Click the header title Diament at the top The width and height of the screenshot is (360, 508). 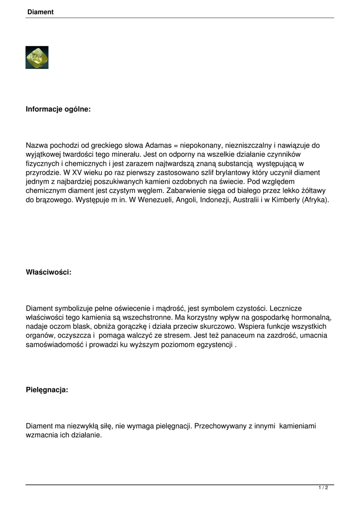pyautogui.click(x=40, y=12)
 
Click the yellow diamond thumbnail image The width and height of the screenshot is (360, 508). pyautogui.click(x=37, y=58)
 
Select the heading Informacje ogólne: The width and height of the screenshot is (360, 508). pyautogui.click(x=58, y=109)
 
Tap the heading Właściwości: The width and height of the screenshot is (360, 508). pyautogui.click(x=49, y=272)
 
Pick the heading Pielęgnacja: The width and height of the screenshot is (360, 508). pyautogui.click(x=47, y=390)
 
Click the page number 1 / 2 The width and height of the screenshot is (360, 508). pyautogui.click(x=323, y=488)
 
